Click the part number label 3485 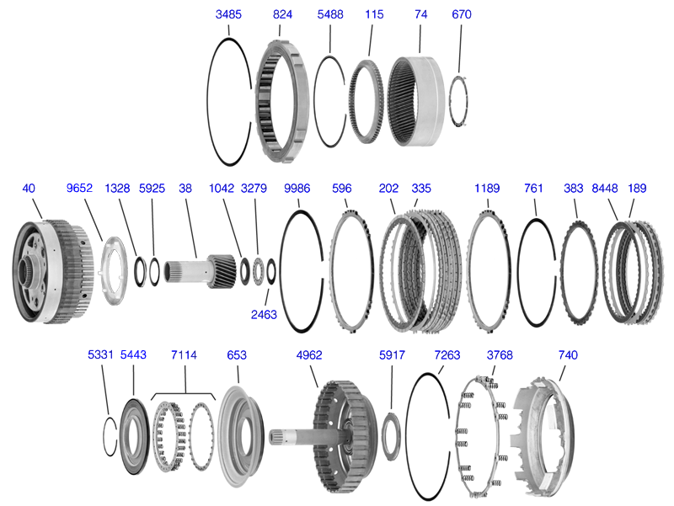[x=228, y=14]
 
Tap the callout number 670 [x=461, y=14]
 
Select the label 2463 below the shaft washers [x=264, y=314]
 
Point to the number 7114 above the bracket [x=184, y=354]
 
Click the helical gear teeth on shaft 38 [x=223, y=271]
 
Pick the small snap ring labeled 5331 [x=110, y=436]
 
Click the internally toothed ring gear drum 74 [x=416, y=101]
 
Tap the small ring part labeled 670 [x=458, y=101]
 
